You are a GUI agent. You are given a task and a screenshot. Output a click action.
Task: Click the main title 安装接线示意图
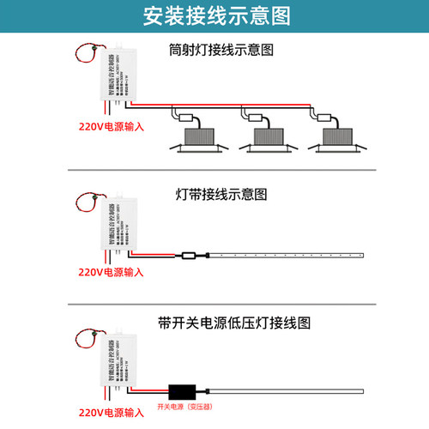[214, 16]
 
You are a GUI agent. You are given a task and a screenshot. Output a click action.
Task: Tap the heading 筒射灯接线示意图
[221, 51]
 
